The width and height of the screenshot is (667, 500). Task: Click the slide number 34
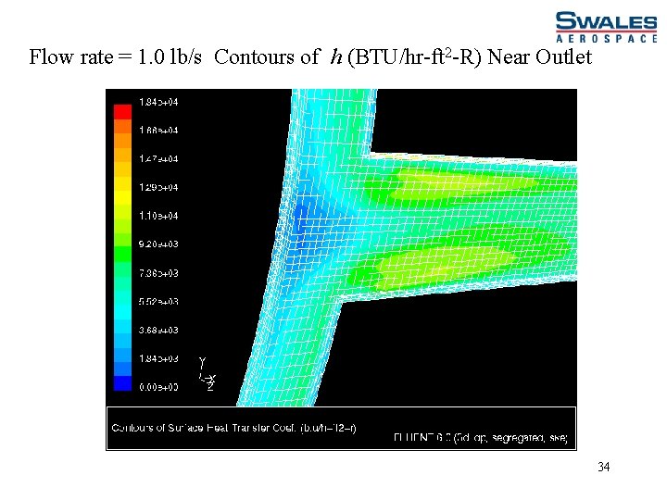(603, 467)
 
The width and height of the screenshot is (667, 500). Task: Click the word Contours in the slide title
(250, 57)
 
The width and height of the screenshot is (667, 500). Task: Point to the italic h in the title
(334, 57)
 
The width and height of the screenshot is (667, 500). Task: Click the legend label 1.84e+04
(158, 101)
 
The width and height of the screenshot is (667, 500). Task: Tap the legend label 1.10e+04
(158, 216)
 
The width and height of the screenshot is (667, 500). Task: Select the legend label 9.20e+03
(158, 244)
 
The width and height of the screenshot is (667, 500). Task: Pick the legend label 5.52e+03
(158, 302)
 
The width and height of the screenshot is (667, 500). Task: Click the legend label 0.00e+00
(158, 387)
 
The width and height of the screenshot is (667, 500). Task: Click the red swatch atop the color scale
(123, 111)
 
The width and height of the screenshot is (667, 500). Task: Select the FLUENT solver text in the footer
(480, 437)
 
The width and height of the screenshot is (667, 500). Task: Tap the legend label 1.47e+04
(158, 158)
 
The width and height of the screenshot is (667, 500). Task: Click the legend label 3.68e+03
(158, 331)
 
